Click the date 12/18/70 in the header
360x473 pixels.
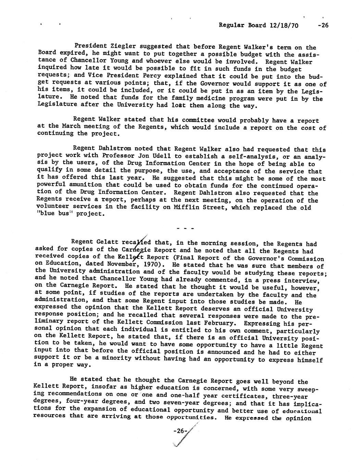coord(284,26)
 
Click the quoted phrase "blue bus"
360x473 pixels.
coord(52,214)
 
